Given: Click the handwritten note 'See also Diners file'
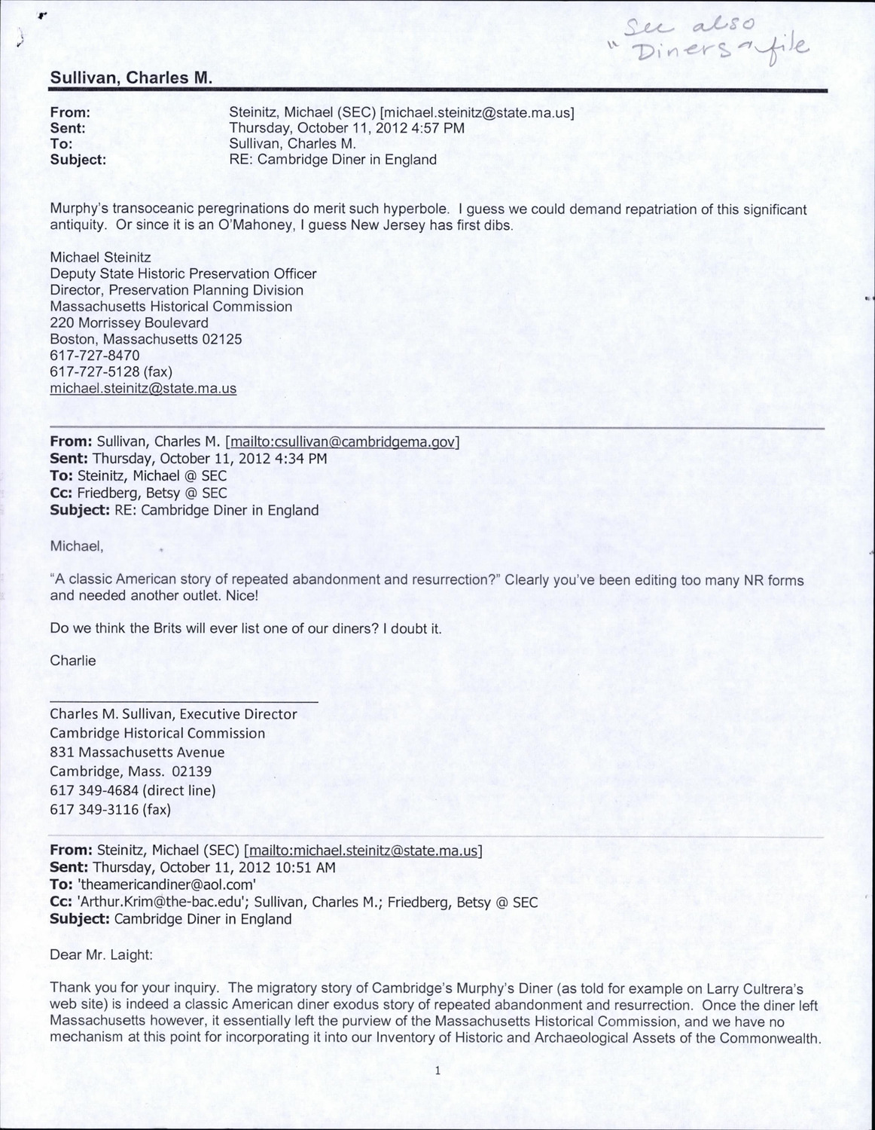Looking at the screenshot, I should click(x=712, y=38).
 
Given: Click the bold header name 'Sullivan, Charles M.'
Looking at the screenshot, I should click(x=131, y=78).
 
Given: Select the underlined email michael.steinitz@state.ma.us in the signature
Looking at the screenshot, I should click(x=143, y=389).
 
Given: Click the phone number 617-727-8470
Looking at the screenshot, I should click(x=95, y=356).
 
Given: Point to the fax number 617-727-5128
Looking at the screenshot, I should click(x=95, y=372).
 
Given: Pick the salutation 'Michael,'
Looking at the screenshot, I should click(x=76, y=546).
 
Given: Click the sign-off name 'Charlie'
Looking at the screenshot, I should click(x=73, y=661).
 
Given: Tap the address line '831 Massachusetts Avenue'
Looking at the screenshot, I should click(x=137, y=752).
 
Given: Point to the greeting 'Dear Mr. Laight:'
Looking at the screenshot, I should click(x=101, y=954).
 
